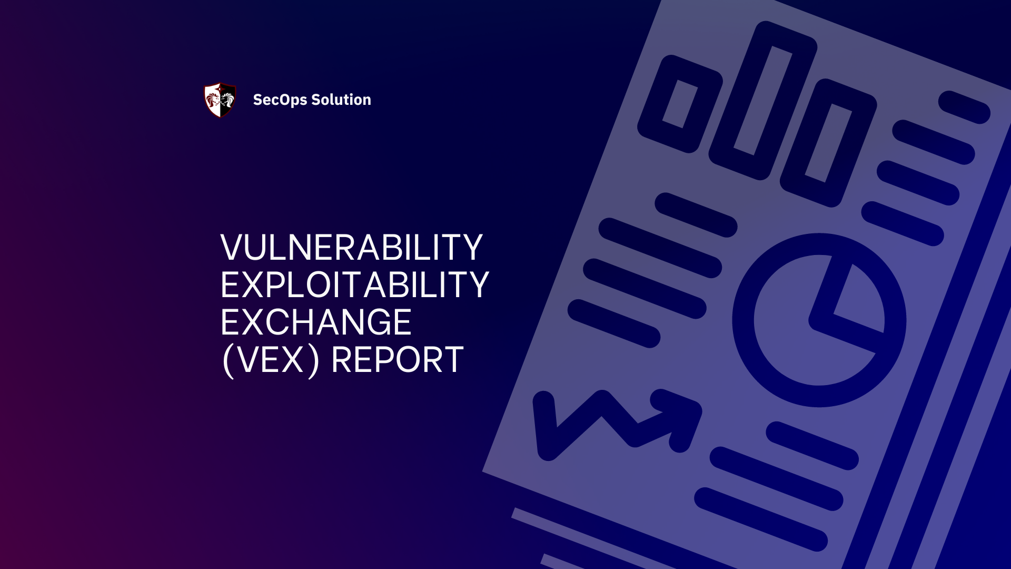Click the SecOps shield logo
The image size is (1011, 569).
pyautogui.click(x=220, y=100)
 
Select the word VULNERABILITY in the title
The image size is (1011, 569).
pyautogui.click(x=351, y=247)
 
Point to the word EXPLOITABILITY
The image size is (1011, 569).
pyautogui.click(x=354, y=284)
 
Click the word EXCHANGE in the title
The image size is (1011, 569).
pyautogui.click(x=316, y=322)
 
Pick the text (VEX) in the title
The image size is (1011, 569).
pyautogui.click(x=271, y=360)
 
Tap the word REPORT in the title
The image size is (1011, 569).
pyautogui.click(x=398, y=360)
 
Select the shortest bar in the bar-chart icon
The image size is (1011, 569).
pyautogui.click(x=679, y=104)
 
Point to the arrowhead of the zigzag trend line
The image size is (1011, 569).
pyautogui.click(x=679, y=416)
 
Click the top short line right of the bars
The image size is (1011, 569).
pyautogui.click(x=964, y=107)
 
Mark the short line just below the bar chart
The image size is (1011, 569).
pyautogui.click(x=696, y=215)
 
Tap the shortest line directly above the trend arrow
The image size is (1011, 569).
pyautogui.click(x=614, y=323)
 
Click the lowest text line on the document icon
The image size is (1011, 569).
pyautogui.click(x=761, y=519)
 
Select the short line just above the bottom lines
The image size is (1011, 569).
pyautogui.click(x=812, y=446)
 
